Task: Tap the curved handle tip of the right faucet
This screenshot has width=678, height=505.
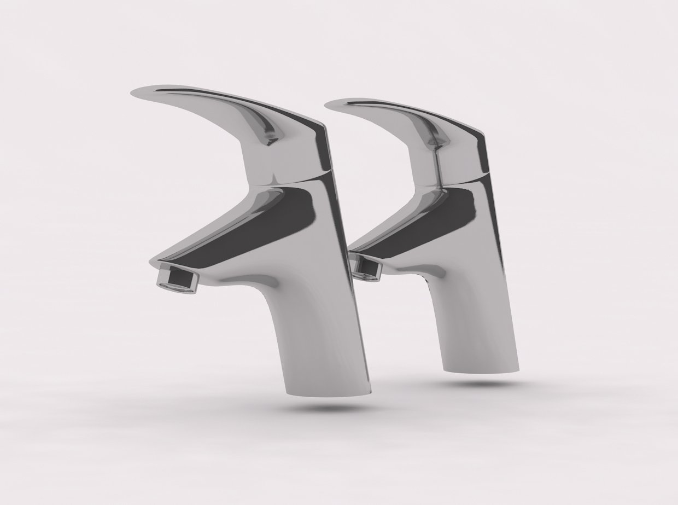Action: click(336, 105)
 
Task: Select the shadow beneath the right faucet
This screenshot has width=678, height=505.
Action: click(481, 383)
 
